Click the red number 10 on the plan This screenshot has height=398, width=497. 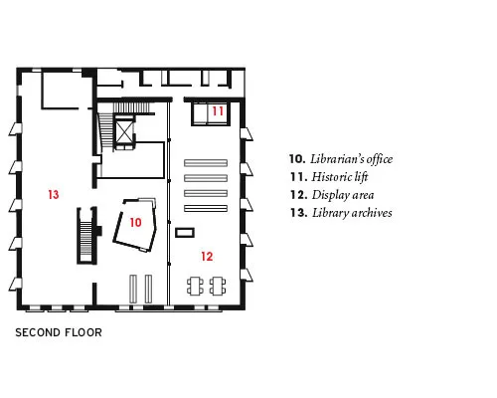(x=135, y=222)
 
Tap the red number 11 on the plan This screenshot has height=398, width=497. (x=218, y=111)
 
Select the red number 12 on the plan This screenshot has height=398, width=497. (x=207, y=257)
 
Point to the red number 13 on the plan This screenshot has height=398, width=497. (x=54, y=194)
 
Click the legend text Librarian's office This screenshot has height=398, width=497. (x=351, y=159)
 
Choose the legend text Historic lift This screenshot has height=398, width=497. (x=340, y=177)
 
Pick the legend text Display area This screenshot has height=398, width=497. (x=343, y=195)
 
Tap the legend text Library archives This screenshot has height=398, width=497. (x=352, y=213)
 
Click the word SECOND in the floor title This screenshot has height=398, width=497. (x=38, y=332)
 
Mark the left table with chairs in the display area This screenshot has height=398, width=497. (x=195, y=286)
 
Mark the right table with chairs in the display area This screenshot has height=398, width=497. (x=218, y=286)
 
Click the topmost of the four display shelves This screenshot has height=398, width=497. (x=206, y=163)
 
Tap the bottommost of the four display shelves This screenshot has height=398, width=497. (x=206, y=208)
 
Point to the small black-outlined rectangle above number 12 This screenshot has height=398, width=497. (x=185, y=233)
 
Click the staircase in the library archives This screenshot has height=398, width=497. (x=86, y=236)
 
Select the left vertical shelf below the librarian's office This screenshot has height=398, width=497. (x=133, y=289)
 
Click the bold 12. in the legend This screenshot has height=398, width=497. (x=299, y=195)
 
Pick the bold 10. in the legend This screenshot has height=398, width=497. (x=297, y=159)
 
